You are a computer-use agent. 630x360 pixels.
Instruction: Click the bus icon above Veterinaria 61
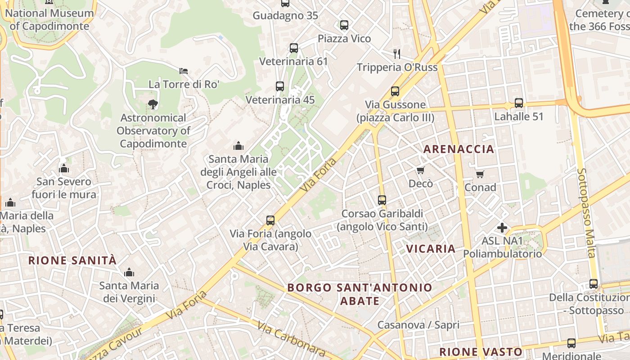click(294, 48)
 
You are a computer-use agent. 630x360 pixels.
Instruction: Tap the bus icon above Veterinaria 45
click(280, 86)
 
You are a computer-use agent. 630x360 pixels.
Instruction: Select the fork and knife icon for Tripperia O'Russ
click(397, 54)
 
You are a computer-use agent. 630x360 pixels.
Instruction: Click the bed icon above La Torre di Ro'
click(184, 71)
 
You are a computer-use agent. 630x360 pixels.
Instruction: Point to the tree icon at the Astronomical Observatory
click(153, 104)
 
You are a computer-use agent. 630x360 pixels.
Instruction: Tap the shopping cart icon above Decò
click(421, 170)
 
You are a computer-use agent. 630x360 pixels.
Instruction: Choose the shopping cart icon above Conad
click(480, 174)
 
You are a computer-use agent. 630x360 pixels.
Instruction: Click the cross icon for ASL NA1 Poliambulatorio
click(502, 228)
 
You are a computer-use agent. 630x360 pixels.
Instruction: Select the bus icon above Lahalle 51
click(519, 103)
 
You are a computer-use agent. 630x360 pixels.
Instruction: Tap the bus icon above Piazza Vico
click(344, 25)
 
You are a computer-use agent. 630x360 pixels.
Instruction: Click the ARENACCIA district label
click(459, 149)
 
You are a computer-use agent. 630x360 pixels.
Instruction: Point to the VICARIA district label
click(431, 248)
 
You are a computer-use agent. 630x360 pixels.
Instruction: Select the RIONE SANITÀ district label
click(72, 260)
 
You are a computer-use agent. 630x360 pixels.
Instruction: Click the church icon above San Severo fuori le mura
click(64, 168)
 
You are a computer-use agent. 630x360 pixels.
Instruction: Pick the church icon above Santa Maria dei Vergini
click(129, 272)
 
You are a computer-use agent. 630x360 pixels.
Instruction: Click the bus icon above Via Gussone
click(395, 91)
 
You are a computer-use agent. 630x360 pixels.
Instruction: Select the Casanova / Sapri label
click(418, 325)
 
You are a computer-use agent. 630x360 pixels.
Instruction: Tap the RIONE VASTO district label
click(481, 352)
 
